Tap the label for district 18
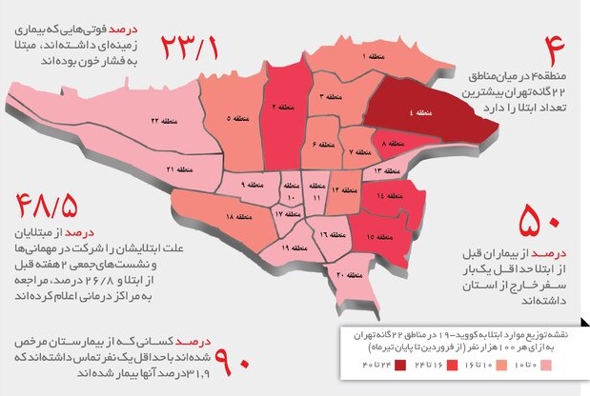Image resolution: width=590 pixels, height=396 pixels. pos(238,219)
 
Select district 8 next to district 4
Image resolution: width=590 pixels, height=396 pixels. pos(389,143)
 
